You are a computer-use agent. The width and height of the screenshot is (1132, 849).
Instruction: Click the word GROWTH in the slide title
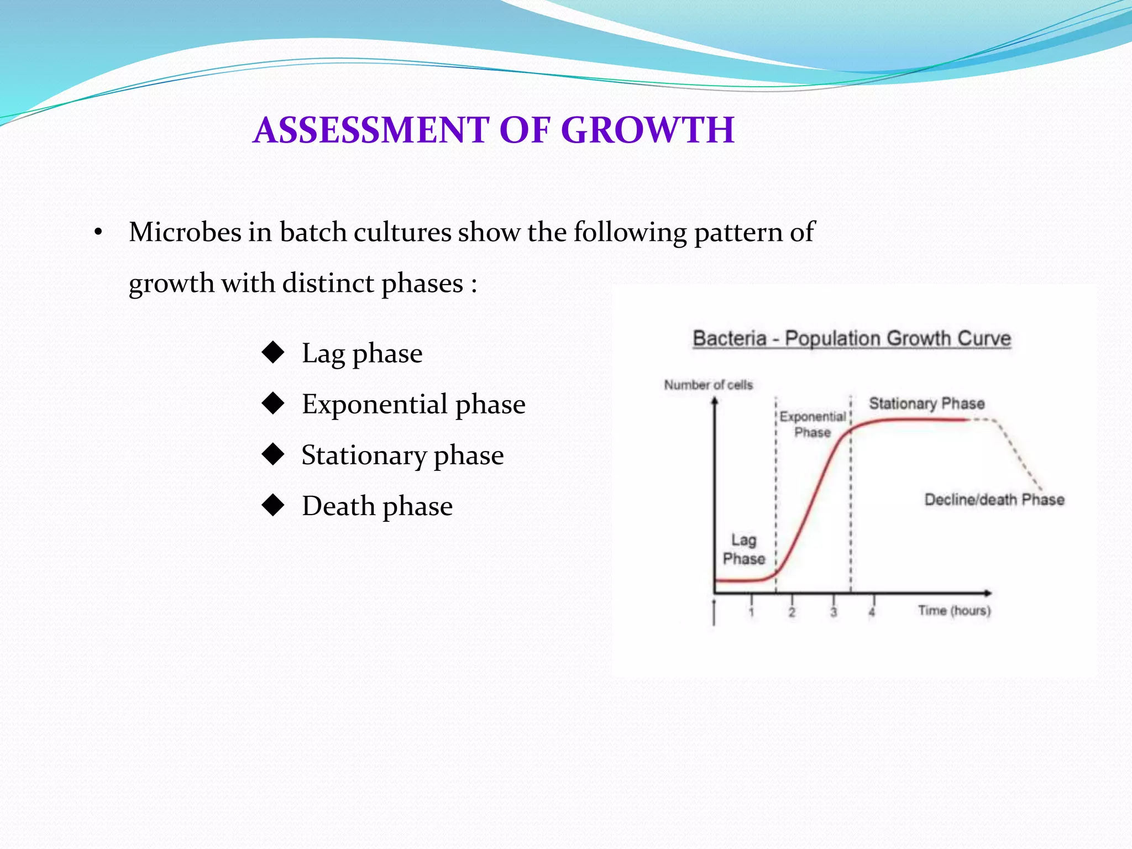coord(647,130)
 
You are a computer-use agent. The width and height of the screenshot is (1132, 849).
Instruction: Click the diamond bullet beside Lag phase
coord(273,352)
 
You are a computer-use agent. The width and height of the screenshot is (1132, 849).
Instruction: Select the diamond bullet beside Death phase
coord(273,505)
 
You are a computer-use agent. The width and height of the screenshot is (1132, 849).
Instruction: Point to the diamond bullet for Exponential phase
coord(273,403)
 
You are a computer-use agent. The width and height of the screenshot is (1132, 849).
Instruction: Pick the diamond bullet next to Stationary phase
coord(273,454)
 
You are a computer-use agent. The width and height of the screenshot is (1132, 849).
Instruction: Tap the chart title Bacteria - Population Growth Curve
coord(852,338)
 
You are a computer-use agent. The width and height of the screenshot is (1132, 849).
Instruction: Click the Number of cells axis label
coord(708,385)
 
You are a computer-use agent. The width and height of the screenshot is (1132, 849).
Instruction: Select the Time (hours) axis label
coord(954,610)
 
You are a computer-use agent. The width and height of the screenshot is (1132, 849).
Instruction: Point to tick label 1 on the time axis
coord(751,612)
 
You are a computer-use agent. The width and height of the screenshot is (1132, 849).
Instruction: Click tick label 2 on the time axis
coord(792,612)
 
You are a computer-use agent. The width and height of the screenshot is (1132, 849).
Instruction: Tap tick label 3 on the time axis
coord(834,612)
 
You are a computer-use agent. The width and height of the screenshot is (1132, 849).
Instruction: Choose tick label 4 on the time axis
coord(872,612)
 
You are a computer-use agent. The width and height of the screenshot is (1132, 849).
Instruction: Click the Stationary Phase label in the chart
coord(927,403)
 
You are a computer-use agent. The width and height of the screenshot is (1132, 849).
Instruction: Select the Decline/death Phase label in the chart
coord(994,500)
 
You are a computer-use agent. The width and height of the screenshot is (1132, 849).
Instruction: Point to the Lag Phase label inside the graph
coord(744,549)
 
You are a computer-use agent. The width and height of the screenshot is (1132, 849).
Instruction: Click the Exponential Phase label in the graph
coord(813,424)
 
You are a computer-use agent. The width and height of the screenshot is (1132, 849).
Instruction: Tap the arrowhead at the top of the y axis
coord(715,401)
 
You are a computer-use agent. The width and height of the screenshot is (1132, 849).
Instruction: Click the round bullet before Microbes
coord(98,233)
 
